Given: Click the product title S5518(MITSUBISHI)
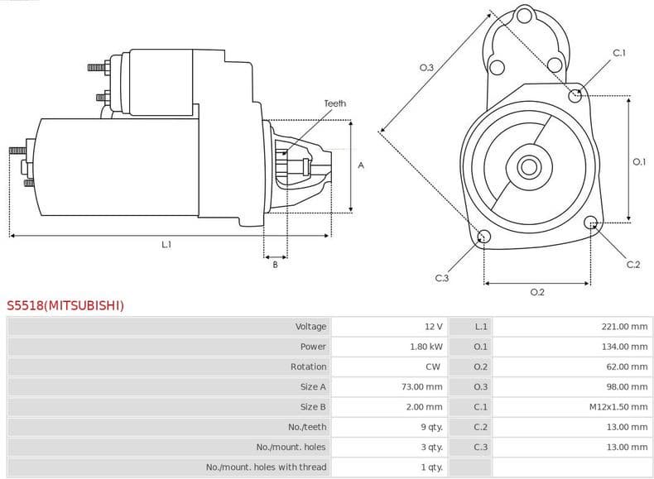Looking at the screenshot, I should pos(66,305).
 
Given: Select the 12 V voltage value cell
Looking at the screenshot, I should pos(433,327).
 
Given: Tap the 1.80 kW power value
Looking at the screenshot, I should pos(426,347).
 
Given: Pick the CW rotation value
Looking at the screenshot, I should pos(434,366).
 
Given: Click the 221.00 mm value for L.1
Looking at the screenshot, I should pos(624,327).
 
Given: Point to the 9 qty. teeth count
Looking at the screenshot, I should pos(430,427).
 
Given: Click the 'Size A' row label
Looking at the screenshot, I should pos(313,386).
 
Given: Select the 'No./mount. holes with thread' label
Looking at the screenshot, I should pos(266,467).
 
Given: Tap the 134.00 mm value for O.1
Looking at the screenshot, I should pos(624,347).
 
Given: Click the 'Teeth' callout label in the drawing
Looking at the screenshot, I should pos(335,103).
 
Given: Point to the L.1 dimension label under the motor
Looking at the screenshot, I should pos(166,244).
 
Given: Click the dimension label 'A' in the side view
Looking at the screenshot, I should pos(361,165).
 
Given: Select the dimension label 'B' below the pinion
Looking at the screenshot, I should pos(275,265).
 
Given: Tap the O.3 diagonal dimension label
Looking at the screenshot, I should pos(426,68).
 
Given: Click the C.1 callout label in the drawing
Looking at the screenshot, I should pos(618,53).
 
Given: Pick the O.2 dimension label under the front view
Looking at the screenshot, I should pos(536,292).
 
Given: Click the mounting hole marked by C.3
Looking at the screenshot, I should pos(484,238).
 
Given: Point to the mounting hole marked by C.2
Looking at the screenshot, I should pos(591,223).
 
